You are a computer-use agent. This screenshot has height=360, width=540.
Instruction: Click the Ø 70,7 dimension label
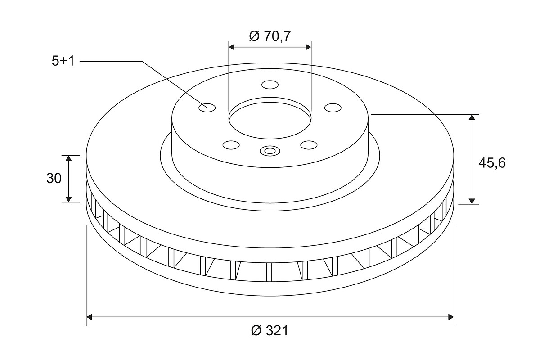point(270,36)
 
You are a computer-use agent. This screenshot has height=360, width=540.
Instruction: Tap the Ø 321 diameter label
point(270,330)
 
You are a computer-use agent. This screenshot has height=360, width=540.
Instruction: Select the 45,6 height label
point(492,163)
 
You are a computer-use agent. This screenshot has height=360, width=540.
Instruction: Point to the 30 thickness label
point(54,179)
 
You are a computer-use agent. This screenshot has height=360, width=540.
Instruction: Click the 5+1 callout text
point(63,61)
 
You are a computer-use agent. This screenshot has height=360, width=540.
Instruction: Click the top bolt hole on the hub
point(270,85)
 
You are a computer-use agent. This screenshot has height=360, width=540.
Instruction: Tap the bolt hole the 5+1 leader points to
point(207,108)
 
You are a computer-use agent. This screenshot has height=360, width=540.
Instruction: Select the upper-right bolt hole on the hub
point(333,108)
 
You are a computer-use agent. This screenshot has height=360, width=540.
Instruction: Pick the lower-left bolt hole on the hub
point(231,145)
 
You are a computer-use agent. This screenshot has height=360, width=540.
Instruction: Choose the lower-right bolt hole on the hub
point(309,145)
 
